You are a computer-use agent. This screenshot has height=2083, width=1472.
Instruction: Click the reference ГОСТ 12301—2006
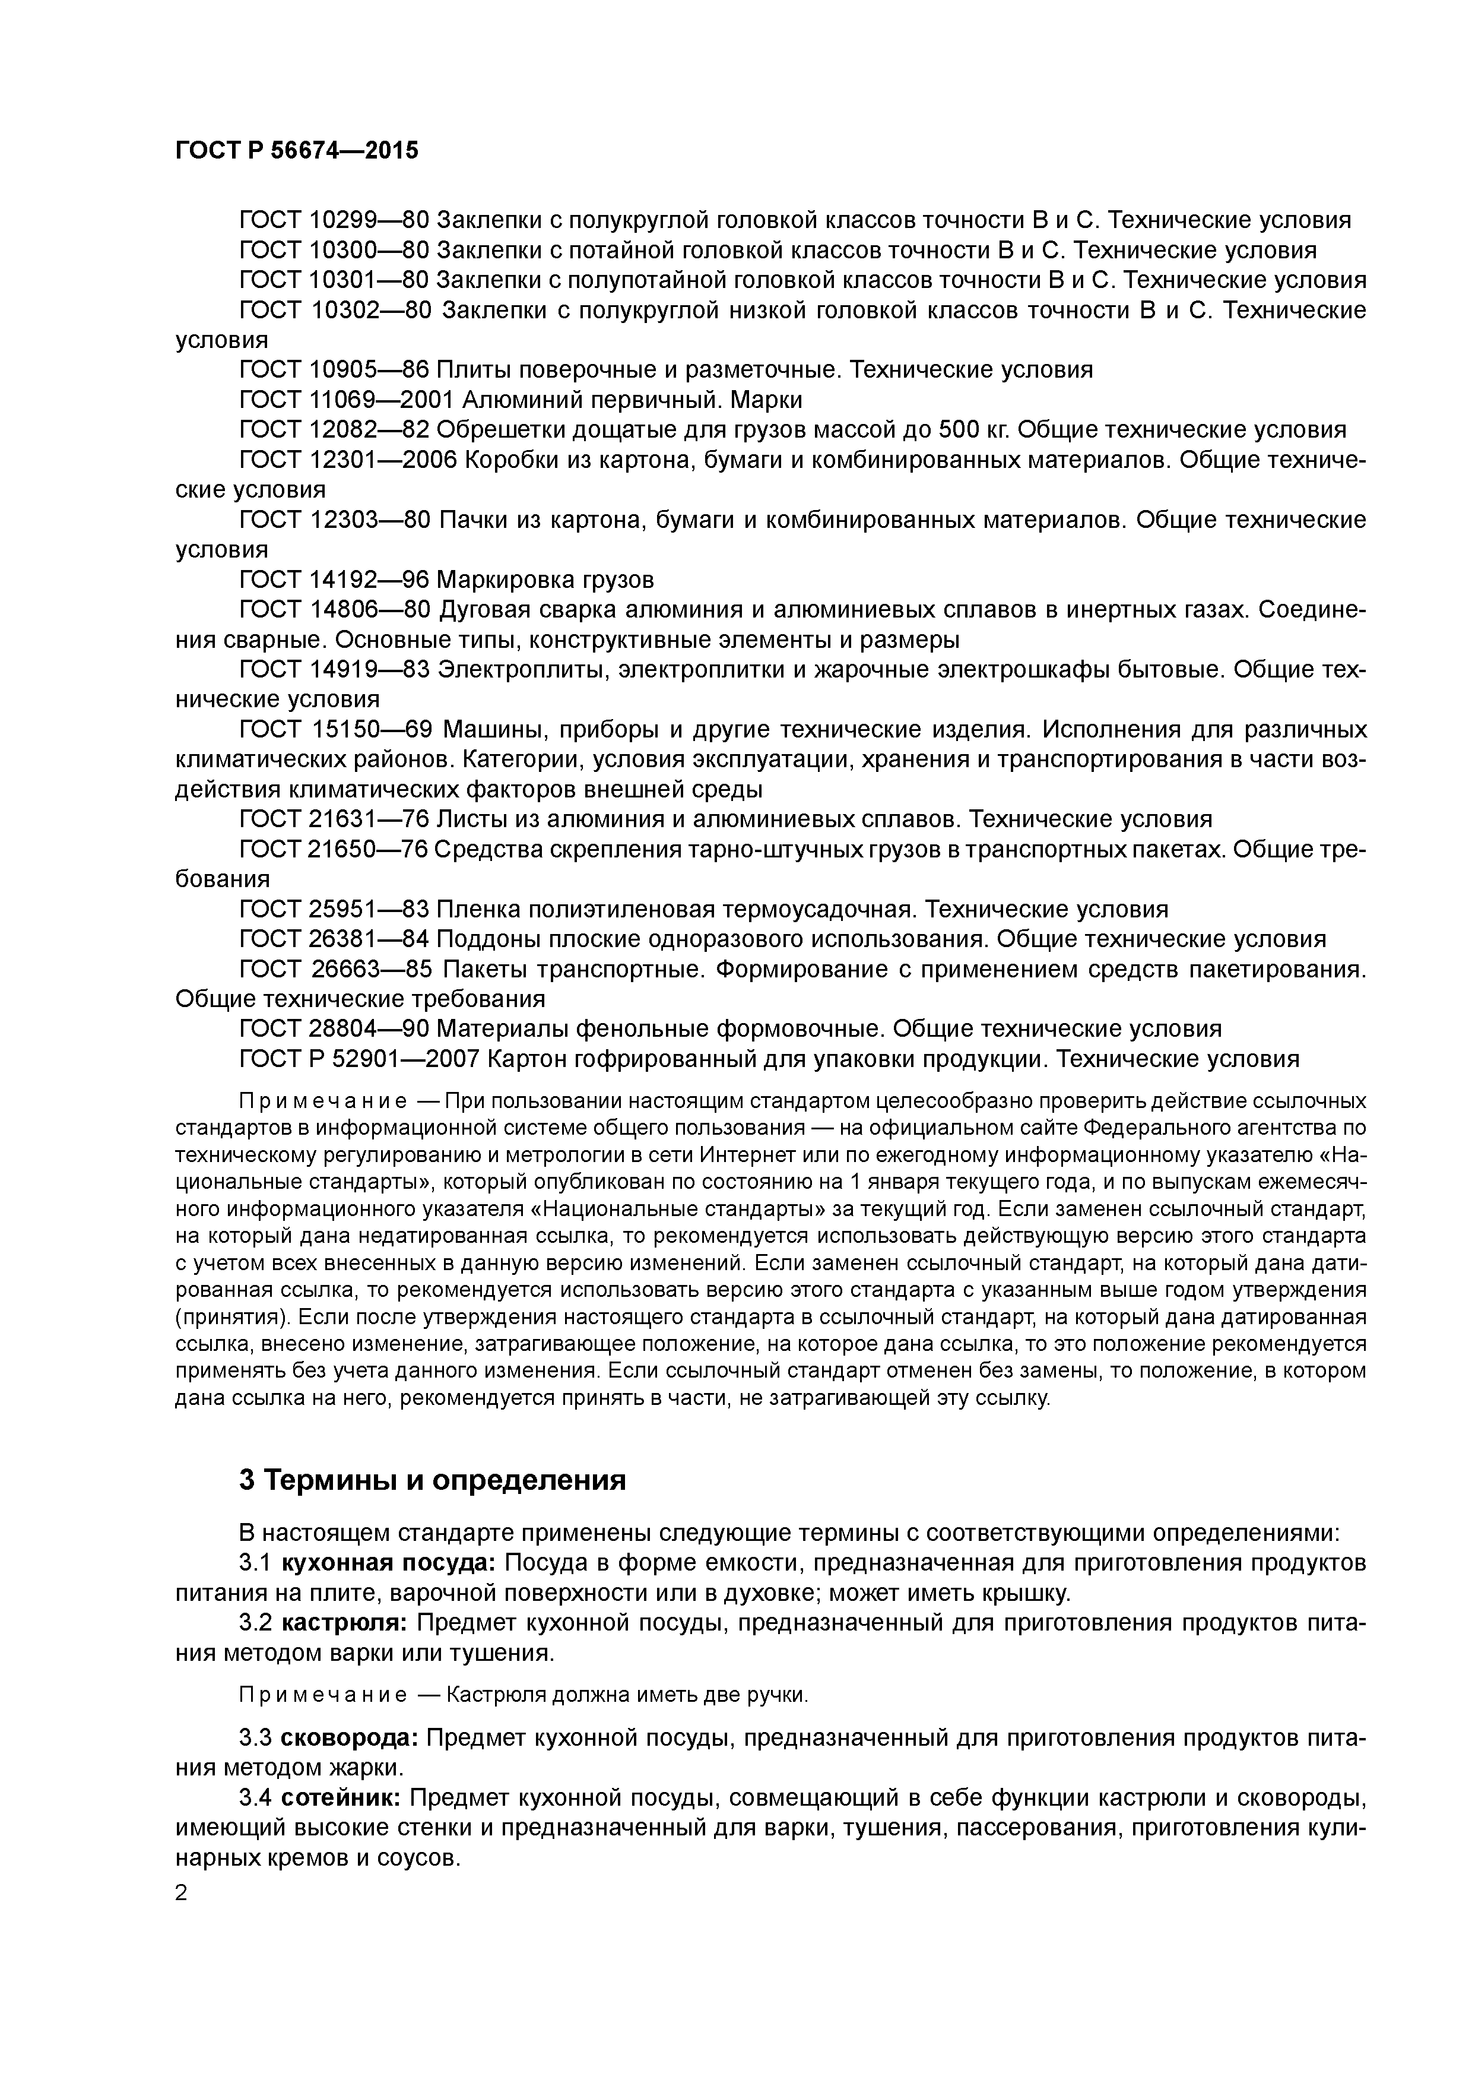[348, 460]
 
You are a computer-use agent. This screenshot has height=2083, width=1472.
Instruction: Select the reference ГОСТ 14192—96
[334, 580]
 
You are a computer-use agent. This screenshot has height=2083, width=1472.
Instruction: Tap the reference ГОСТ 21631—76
[334, 820]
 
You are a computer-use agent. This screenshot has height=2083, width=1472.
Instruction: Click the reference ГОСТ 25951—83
[334, 910]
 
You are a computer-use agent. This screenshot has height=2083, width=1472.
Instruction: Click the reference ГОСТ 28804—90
[334, 1030]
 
